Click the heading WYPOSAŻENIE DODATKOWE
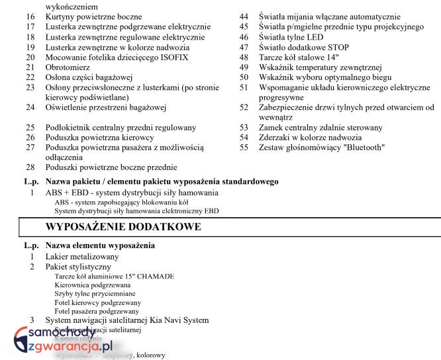[123, 227]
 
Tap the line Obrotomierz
[67, 67]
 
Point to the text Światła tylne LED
[291, 37]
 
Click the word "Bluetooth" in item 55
[362, 148]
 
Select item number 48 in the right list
[244, 58]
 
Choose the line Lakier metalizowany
[82, 256]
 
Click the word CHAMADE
[155, 276]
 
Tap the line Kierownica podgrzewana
[93, 285]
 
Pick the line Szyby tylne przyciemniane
[95, 293]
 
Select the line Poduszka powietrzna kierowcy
[100, 137]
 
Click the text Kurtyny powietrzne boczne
[94, 16]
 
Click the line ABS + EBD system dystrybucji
[132, 192]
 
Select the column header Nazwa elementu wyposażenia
[100, 246]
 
